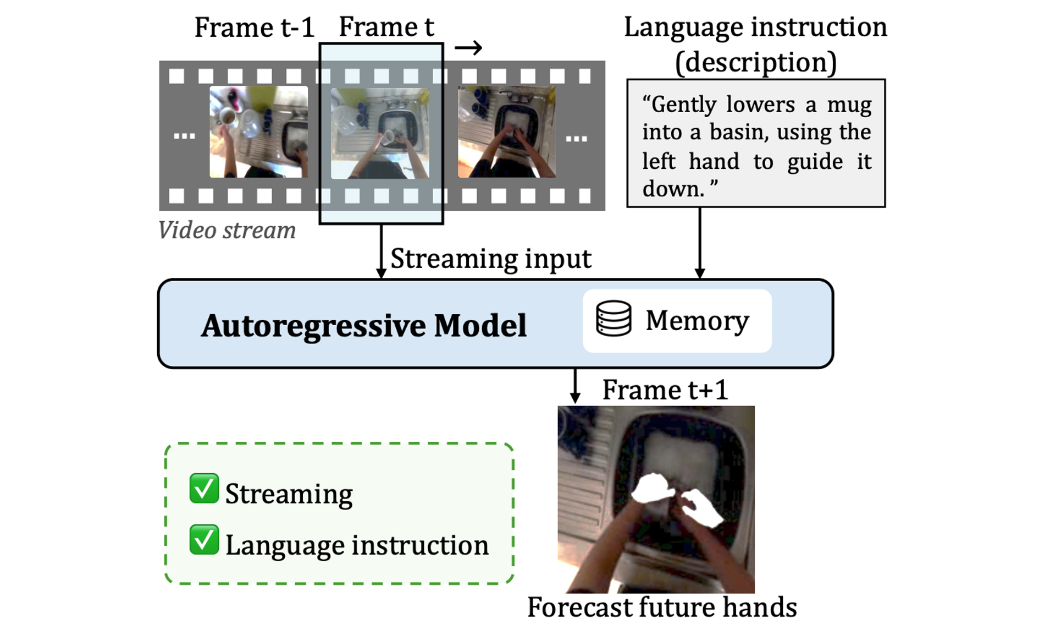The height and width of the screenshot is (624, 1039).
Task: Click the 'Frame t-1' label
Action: [x=254, y=28]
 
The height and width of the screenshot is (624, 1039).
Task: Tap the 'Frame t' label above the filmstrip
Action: [x=386, y=26]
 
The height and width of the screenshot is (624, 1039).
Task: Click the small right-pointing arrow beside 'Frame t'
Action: [x=468, y=48]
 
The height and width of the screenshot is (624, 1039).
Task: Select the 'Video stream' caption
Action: [x=226, y=230]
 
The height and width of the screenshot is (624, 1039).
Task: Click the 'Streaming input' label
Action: [x=490, y=259]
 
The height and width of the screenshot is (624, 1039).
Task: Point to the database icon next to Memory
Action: [x=614, y=319]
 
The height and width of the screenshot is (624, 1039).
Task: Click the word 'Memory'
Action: [x=697, y=320]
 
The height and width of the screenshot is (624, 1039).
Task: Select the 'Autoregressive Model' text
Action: [x=363, y=325]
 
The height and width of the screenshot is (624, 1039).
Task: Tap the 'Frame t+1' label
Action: [x=665, y=390]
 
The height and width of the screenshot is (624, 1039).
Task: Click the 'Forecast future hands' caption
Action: [x=662, y=607]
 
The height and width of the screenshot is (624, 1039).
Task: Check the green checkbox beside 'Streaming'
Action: [x=204, y=489]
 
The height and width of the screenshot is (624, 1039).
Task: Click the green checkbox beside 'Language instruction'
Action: [x=204, y=540]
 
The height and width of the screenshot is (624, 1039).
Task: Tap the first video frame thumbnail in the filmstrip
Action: [x=258, y=132]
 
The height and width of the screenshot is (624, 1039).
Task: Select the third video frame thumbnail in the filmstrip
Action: [x=506, y=132]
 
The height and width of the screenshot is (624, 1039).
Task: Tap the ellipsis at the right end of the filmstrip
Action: [x=576, y=139]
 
